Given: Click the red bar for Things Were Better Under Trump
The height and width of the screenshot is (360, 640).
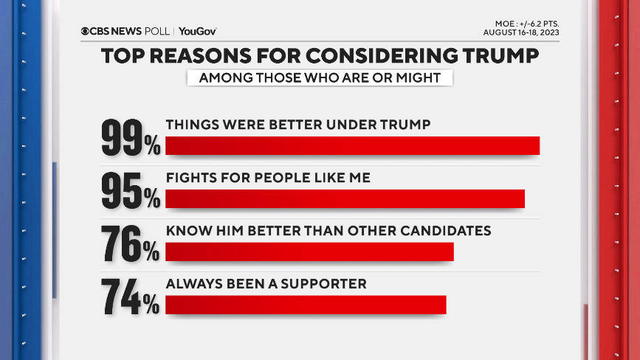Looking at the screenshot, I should tap(353, 146).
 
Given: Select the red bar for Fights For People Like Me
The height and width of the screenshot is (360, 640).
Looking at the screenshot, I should tap(345, 199).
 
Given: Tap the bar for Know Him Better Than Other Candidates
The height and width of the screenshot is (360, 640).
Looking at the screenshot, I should tap(309, 252).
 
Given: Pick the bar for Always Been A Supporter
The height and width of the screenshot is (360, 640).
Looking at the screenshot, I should tap(306, 305).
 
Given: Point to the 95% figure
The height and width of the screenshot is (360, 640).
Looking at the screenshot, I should tap(131, 190).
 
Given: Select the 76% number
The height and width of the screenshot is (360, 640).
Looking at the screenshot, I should tap(131, 243).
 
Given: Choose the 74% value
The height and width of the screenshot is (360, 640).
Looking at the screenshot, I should tap(131, 297).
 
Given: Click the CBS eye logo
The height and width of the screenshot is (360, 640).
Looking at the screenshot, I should tap(86, 31).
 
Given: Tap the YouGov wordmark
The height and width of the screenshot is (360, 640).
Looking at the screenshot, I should tap(197, 31).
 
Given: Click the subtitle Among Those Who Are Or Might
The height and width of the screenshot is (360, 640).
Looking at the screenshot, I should tap(320, 78).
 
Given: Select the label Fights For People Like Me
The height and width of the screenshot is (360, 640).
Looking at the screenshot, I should tap(267, 178).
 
